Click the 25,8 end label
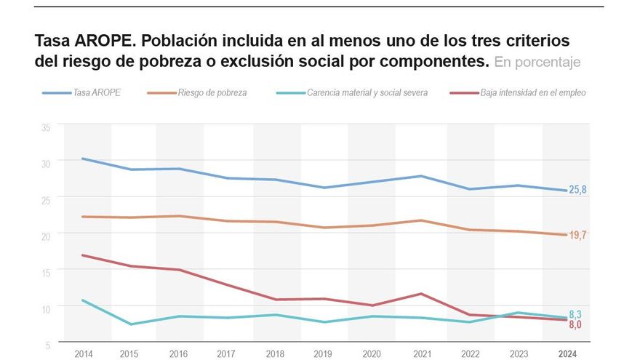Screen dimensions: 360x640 [x=577, y=190]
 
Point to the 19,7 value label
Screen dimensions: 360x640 [x=577, y=235]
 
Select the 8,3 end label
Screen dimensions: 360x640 [x=575, y=314]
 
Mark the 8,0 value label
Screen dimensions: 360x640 [x=575, y=325]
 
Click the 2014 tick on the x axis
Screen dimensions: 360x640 [x=84, y=353]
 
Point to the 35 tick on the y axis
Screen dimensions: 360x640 [x=46, y=127]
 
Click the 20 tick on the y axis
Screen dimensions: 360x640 [x=46, y=235]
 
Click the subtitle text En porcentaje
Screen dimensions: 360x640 [x=537, y=63]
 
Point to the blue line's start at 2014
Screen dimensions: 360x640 [x=84, y=159]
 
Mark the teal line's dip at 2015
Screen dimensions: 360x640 [x=131, y=324]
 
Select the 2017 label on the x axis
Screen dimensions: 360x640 [x=226, y=353]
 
